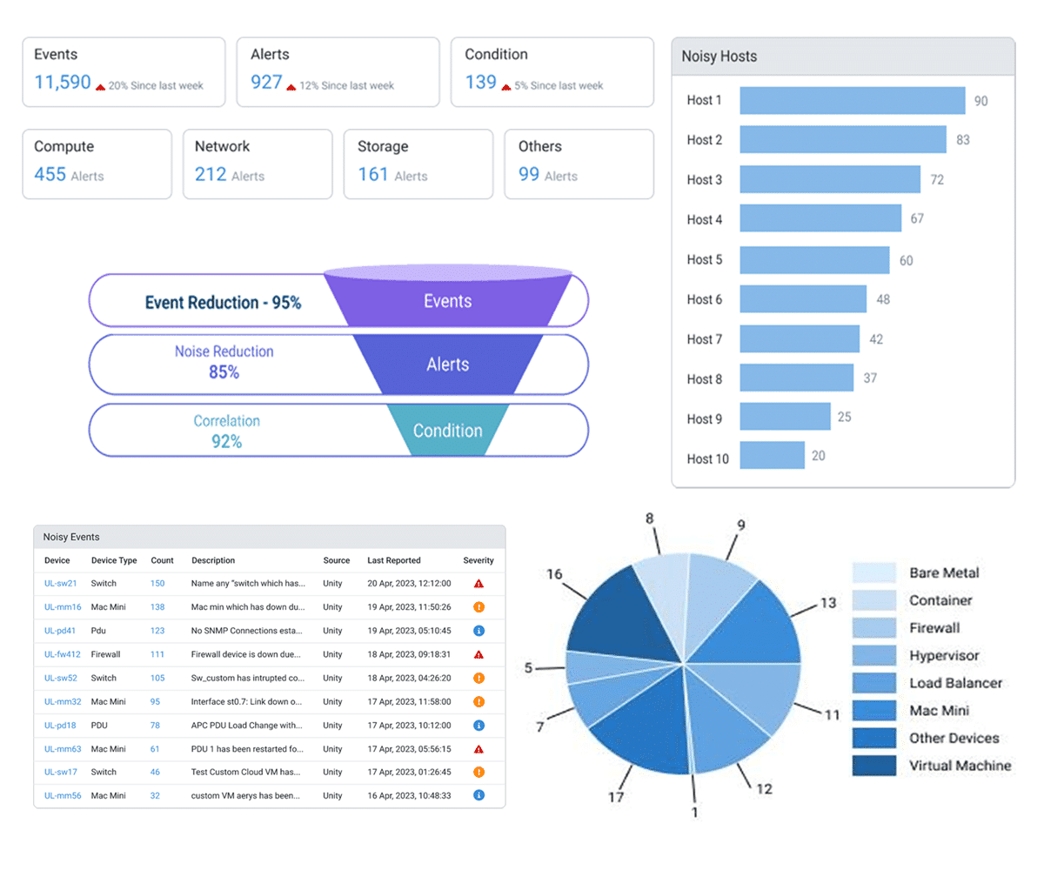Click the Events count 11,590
62,83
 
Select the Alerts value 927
266,83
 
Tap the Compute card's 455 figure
50,174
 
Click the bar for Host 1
852,101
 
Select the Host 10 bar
772,456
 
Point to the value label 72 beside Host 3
937,180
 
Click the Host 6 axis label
704,299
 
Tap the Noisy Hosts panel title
719,57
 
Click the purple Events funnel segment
447,301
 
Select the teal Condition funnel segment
447,431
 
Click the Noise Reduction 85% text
224,362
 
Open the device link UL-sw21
61,584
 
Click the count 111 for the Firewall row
157,654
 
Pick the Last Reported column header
393,561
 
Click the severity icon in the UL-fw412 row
478,654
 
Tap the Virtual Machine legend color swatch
873,766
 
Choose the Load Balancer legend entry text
955,684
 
